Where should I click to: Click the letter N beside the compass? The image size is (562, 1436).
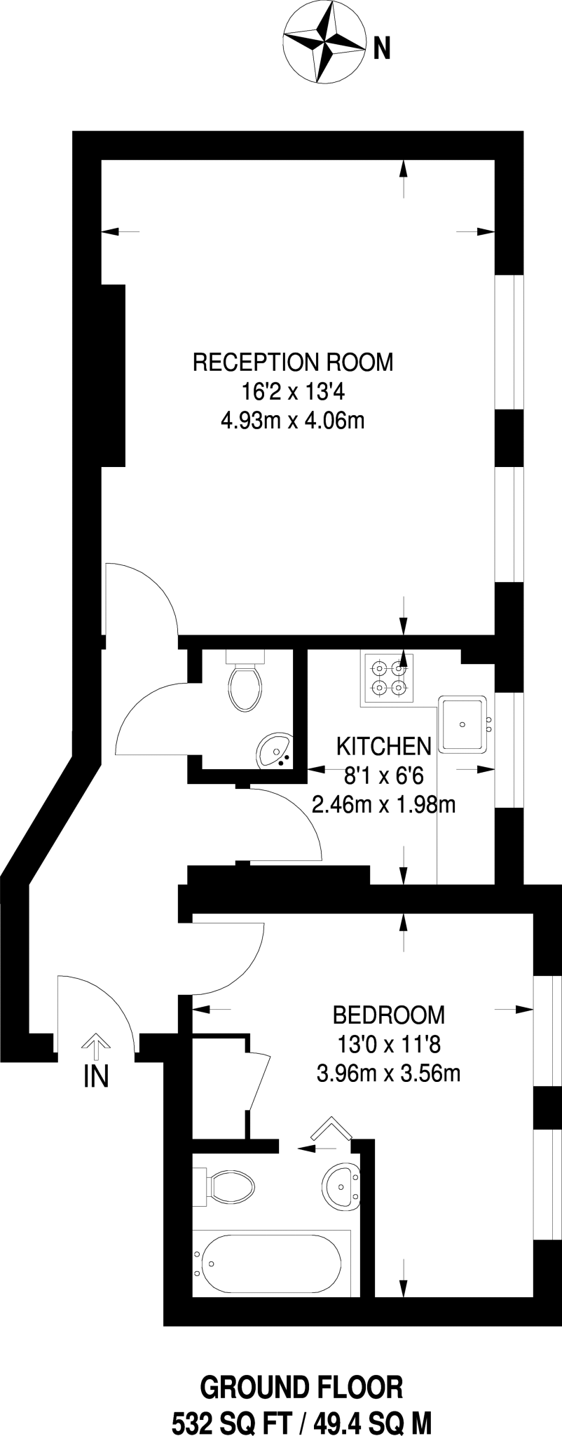tap(381, 49)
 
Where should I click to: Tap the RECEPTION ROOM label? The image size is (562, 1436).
tap(293, 363)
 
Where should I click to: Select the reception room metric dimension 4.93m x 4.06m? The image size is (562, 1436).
tap(293, 421)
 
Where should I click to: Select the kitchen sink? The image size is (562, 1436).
tap(462, 723)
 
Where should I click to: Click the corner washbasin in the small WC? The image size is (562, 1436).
tap(274, 750)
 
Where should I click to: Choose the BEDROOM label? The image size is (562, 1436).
tap(388, 1014)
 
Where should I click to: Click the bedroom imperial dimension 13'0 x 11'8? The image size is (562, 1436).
tap(388, 1044)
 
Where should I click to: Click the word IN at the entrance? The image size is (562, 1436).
tap(96, 1076)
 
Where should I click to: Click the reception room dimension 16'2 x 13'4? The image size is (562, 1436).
tap(293, 391)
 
